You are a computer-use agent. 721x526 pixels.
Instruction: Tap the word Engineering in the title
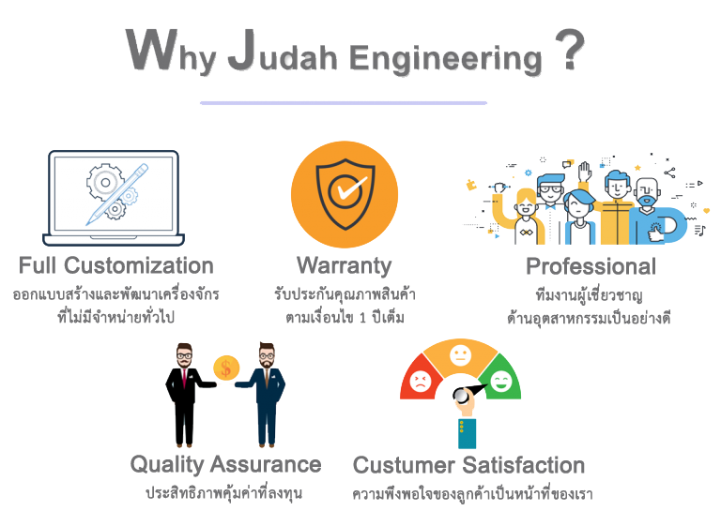445,57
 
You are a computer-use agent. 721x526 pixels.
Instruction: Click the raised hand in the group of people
584,172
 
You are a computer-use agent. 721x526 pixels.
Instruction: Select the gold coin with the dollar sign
225,368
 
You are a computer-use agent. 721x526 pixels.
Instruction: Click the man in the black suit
182,394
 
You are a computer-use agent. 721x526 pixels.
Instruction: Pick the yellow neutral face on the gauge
460,355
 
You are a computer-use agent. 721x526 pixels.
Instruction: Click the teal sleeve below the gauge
466,432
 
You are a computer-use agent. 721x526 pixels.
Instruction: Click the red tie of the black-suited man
184,377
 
